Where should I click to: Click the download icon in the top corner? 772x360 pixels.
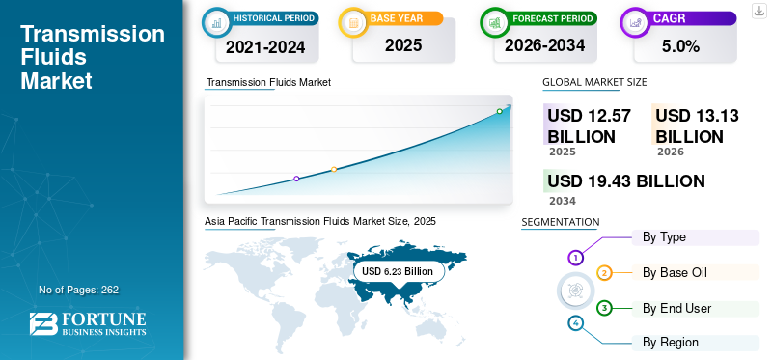click(758, 11)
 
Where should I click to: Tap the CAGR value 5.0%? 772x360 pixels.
click(680, 46)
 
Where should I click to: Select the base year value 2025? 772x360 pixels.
click(403, 45)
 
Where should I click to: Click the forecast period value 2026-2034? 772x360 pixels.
click(544, 45)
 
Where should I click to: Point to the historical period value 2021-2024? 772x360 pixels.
click(265, 46)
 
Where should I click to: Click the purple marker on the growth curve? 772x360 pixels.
click(296, 179)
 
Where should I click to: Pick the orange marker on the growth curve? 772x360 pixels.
click(334, 170)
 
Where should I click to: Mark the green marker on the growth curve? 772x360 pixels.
click(499, 111)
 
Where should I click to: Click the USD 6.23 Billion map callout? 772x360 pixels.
click(398, 271)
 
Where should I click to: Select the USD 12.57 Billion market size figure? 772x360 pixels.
click(590, 125)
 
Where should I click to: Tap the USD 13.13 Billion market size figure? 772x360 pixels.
click(697, 125)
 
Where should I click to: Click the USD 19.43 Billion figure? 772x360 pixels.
click(626, 181)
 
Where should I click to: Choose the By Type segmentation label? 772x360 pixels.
click(664, 237)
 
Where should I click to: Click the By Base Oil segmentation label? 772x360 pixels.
click(675, 272)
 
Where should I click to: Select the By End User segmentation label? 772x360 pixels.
click(677, 309)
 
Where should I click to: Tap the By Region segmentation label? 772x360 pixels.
click(671, 343)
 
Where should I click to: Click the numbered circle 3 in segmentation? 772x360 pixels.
click(604, 309)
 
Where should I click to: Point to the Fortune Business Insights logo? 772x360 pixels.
click(88, 323)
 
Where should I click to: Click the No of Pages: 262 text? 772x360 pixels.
click(79, 290)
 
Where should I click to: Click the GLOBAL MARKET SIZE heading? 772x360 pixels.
click(594, 82)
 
